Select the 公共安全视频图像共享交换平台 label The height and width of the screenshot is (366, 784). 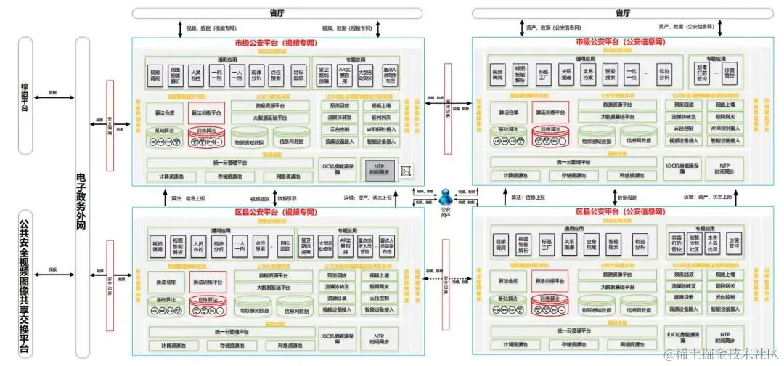coord(26,283)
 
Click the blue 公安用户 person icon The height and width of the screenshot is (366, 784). coord(447,197)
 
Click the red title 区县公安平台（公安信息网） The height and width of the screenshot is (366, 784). coord(618,211)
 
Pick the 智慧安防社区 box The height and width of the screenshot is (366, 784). coord(694,244)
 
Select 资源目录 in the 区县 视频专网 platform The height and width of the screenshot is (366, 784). coord(335,297)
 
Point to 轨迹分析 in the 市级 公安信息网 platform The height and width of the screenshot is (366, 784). coord(664,75)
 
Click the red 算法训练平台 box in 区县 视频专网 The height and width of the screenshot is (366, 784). coord(208,280)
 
